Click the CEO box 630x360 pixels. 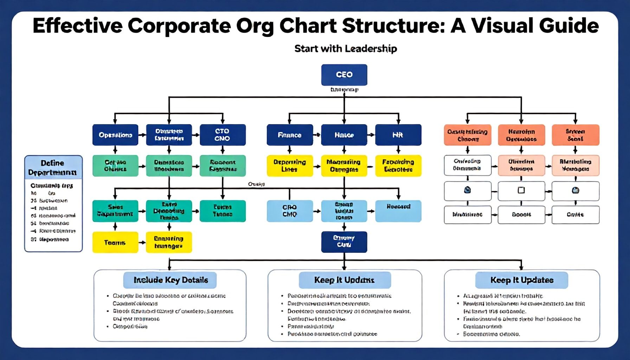pos(344,75)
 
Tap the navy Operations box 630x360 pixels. pos(115,135)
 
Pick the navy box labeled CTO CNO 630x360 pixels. pos(222,135)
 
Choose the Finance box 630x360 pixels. pos(290,135)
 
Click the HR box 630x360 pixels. pos(398,135)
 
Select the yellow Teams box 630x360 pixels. pos(115,243)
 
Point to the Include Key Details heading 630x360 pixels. pos(171,280)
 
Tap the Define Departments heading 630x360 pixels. pos(53,168)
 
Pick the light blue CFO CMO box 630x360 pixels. pos(290,211)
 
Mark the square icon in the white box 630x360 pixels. pos(521,190)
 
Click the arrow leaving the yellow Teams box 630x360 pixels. pos(142,243)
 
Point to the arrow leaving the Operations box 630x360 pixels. pos(142,135)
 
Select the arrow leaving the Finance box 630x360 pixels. pos(317,135)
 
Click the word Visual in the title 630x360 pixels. pos(501,26)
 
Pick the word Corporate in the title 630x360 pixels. pos(179,26)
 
